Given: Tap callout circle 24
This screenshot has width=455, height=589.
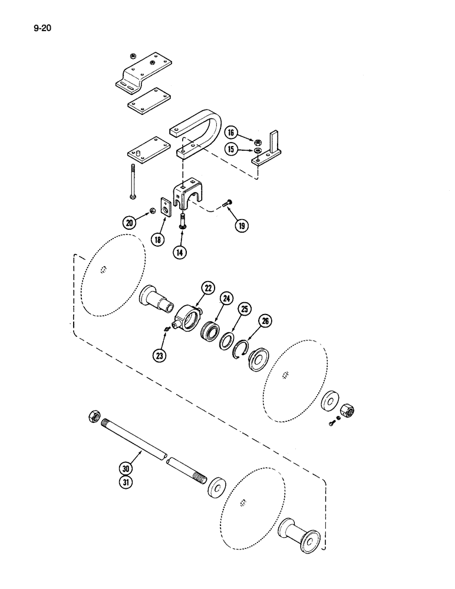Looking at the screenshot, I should [226, 299].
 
